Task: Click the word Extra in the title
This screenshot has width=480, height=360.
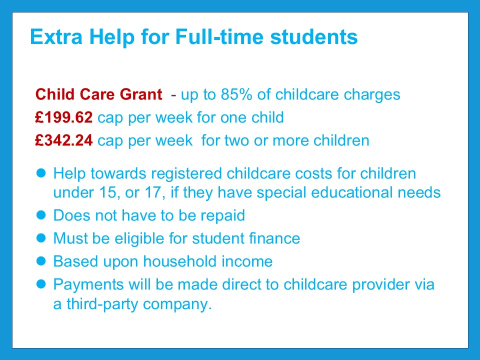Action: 56,36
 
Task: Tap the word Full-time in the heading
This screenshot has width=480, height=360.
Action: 219,36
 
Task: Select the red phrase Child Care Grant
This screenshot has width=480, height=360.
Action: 98,94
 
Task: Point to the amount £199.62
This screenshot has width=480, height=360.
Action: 63,117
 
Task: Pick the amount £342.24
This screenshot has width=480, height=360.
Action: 63,140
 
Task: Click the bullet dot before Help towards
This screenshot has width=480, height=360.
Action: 41,173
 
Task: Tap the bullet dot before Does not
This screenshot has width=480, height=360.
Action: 41,215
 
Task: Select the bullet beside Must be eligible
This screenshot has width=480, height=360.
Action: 41,238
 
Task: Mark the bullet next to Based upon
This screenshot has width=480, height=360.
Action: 41,261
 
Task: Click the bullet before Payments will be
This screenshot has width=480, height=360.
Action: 41,284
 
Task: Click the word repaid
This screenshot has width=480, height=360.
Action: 222,216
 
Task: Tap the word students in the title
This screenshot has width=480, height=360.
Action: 314,36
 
